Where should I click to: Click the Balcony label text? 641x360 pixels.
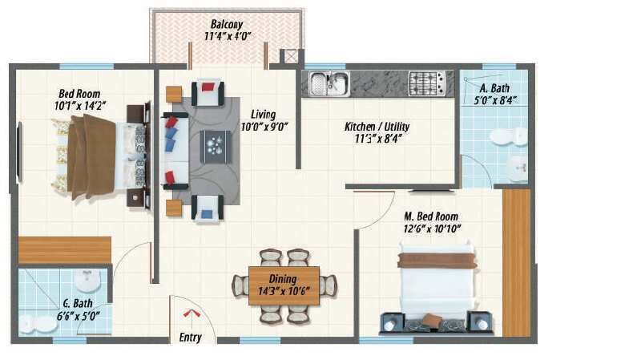tap(227, 25)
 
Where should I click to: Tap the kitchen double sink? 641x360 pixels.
tap(329, 83)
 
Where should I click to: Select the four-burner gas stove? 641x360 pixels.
tap(427, 83)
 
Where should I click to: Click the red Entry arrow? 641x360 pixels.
tap(191, 313)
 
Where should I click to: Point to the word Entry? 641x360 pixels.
tap(191, 338)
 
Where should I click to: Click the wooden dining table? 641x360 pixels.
tap(284, 285)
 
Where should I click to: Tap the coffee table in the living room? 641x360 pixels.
tap(216, 147)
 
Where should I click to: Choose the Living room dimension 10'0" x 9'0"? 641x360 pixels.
tap(264, 127)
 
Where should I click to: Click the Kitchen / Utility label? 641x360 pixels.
tap(377, 127)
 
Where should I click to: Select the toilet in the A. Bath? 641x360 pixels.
tap(509, 136)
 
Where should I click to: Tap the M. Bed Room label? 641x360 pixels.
tap(431, 216)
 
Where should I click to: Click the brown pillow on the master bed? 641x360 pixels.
tap(432, 320)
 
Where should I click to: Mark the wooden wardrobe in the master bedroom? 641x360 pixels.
tap(516, 263)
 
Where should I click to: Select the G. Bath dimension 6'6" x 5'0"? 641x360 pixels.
tap(78, 316)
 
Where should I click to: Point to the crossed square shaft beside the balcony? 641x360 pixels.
tap(291, 56)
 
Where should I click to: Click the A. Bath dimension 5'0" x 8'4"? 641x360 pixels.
tap(495, 100)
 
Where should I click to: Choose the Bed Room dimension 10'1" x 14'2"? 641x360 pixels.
tap(80, 106)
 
